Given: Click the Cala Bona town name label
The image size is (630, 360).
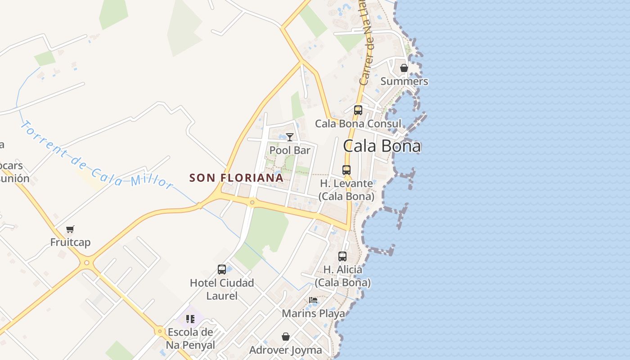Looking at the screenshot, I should pyautogui.click(x=382, y=146).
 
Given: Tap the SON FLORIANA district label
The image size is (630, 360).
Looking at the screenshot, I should pyautogui.click(x=236, y=178).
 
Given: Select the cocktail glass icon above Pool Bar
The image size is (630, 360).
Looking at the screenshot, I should pyautogui.click(x=290, y=137).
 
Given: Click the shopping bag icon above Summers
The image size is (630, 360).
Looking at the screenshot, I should pyautogui.click(x=404, y=68).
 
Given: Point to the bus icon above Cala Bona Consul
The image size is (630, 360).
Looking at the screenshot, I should pyautogui.click(x=358, y=110).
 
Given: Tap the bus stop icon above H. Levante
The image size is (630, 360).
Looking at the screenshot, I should pyautogui.click(x=346, y=170).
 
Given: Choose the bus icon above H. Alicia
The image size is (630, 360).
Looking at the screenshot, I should pyautogui.click(x=342, y=256).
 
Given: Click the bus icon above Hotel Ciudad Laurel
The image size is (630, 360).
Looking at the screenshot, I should pyautogui.click(x=222, y=270).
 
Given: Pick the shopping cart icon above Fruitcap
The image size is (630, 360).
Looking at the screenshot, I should pyautogui.click(x=70, y=229).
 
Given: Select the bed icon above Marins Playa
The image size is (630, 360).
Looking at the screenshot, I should pyautogui.click(x=313, y=300).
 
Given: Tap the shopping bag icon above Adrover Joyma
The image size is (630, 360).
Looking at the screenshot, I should pyautogui.click(x=286, y=337).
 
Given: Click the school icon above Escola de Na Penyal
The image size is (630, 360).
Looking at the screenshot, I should pyautogui.click(x=190, y=319).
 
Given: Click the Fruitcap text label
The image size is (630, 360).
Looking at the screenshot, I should pyautogui.click(x=70, y=242).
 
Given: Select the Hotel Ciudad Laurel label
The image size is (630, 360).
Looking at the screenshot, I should pyautogui.click(x=222, y=289).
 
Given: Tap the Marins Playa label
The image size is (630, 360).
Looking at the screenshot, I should pyautogui.click(x=313, y=313).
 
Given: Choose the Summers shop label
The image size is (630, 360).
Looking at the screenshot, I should pyautogui.click(x=404, y=81).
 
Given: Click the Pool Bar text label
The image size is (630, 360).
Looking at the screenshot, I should pyautogui.click(x=290, y=150).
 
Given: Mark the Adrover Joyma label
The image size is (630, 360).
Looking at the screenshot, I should pyautogui.click(x=286, y=350).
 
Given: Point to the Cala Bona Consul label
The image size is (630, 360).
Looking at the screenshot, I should pyautogui.click(x=358, y=124).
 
